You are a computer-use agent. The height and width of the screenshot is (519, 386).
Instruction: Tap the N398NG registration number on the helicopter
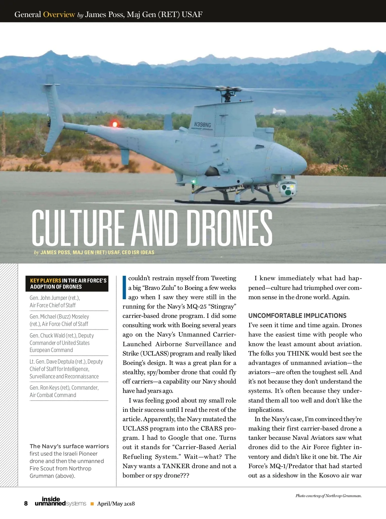203,125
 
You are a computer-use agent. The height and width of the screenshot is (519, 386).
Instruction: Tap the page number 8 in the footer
26,504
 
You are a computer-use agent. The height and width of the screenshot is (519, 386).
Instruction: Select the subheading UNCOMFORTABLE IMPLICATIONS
297,316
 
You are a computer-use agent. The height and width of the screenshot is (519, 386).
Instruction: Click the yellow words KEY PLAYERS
45,281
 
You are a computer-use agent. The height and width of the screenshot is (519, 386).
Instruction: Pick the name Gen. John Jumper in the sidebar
54,298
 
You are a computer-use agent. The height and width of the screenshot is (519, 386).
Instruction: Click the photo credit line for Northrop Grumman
328,496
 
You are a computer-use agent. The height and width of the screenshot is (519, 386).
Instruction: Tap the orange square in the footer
92,504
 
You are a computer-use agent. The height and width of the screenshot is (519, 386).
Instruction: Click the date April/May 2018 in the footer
116,504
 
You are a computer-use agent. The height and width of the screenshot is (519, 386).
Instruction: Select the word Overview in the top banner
59,14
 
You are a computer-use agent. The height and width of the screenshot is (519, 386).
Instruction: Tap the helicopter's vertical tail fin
53,106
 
